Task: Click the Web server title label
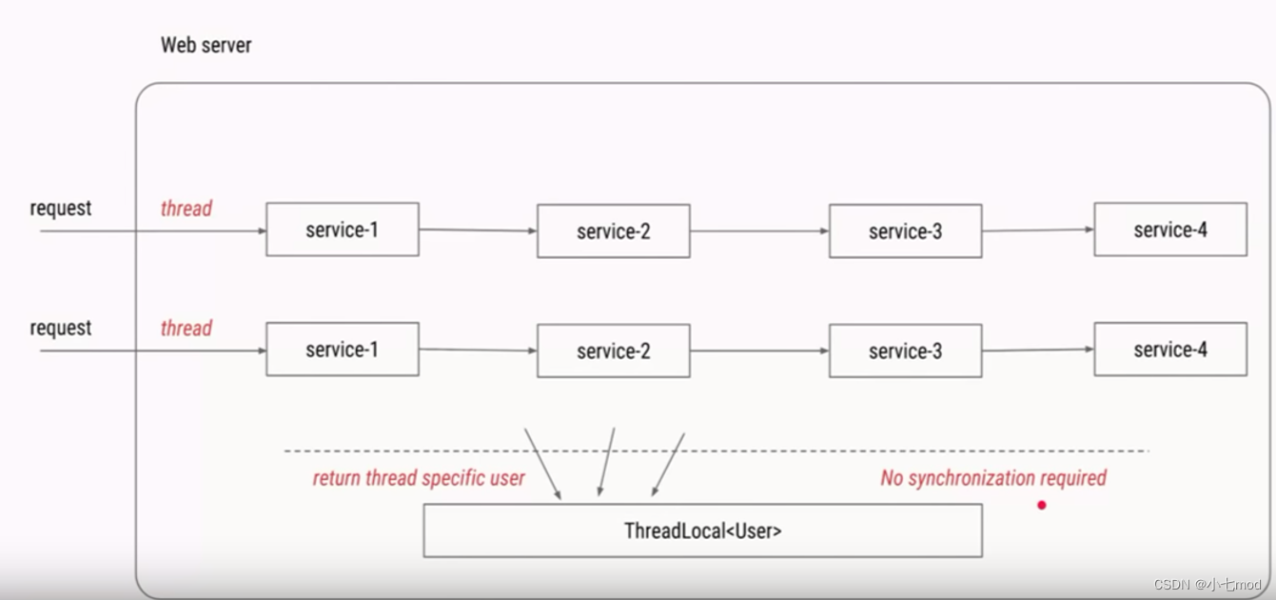tap(206, 45)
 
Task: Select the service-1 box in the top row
tap(343, 230)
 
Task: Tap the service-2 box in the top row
tap(614, 231)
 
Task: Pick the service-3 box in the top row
tap(905, 231)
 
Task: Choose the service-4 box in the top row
tap(1170, 230)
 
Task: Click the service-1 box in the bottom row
tap(343, 350)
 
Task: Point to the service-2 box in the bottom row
tap(614, 350)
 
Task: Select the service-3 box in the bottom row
tap(905, 350)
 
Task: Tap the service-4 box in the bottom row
tap(1170, 350)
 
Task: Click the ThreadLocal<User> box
tap(703, 530)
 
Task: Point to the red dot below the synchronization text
tap(1041, 505)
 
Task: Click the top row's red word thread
tap(186, 209)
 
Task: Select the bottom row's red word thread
tap(186, 328)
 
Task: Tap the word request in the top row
tap(60, 209)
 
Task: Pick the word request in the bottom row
tap(60, 329)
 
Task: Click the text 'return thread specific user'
tap(419, 478)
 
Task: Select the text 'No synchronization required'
tap(993, 478)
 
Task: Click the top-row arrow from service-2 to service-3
tap(760, 231)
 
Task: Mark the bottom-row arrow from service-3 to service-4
tap(1038, 350)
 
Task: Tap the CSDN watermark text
tap(1207, 584)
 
